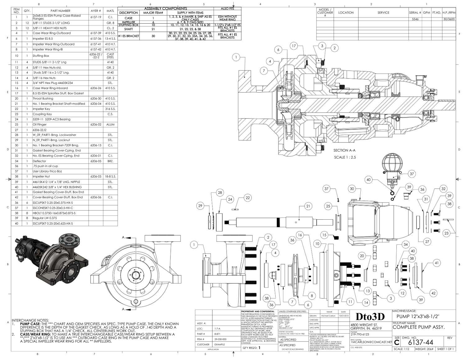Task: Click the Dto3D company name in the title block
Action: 370,317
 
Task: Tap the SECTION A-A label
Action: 344,150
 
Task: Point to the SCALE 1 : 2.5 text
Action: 345,157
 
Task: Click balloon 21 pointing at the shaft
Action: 308,206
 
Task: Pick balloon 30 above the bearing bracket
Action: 352,189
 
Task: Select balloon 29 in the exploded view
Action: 200,206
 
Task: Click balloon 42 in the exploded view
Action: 433,293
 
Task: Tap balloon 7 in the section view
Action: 264,71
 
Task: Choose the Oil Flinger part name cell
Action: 40,125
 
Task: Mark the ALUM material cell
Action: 110,125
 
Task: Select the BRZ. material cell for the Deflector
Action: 110,161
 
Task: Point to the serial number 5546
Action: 415,19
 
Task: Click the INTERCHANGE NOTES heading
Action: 30,320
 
